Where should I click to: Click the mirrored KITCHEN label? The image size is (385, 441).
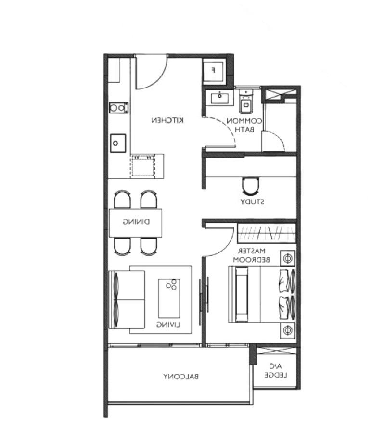[x=167, y=120]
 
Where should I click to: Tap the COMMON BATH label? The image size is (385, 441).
[x=244, y=125]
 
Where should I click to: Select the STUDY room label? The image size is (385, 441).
[x=252, y=202]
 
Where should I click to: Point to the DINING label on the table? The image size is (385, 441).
[x=136, y=222]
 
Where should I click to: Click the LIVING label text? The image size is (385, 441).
[x=168, y=325]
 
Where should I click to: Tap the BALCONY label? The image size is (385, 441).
[x=181, y=376]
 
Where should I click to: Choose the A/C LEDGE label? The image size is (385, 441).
[x=276, y=371]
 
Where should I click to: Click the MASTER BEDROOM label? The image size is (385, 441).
[x=251, y=255]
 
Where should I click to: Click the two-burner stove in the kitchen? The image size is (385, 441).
[x=119, y=108]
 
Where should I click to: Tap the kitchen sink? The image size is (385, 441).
[x=117, y=143]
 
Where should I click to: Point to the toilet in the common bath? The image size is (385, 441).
[x=246, y=101]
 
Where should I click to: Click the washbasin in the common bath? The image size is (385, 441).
[x=220, y=98]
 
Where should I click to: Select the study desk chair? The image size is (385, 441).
[x=250, y=186]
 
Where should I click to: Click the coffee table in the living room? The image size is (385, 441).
[x=169, y=298]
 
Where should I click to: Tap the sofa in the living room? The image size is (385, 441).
[x=127, y=300]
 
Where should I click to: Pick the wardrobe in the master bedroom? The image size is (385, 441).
[x=267, y=233]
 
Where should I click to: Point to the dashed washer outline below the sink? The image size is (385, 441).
[x=143, y=165]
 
